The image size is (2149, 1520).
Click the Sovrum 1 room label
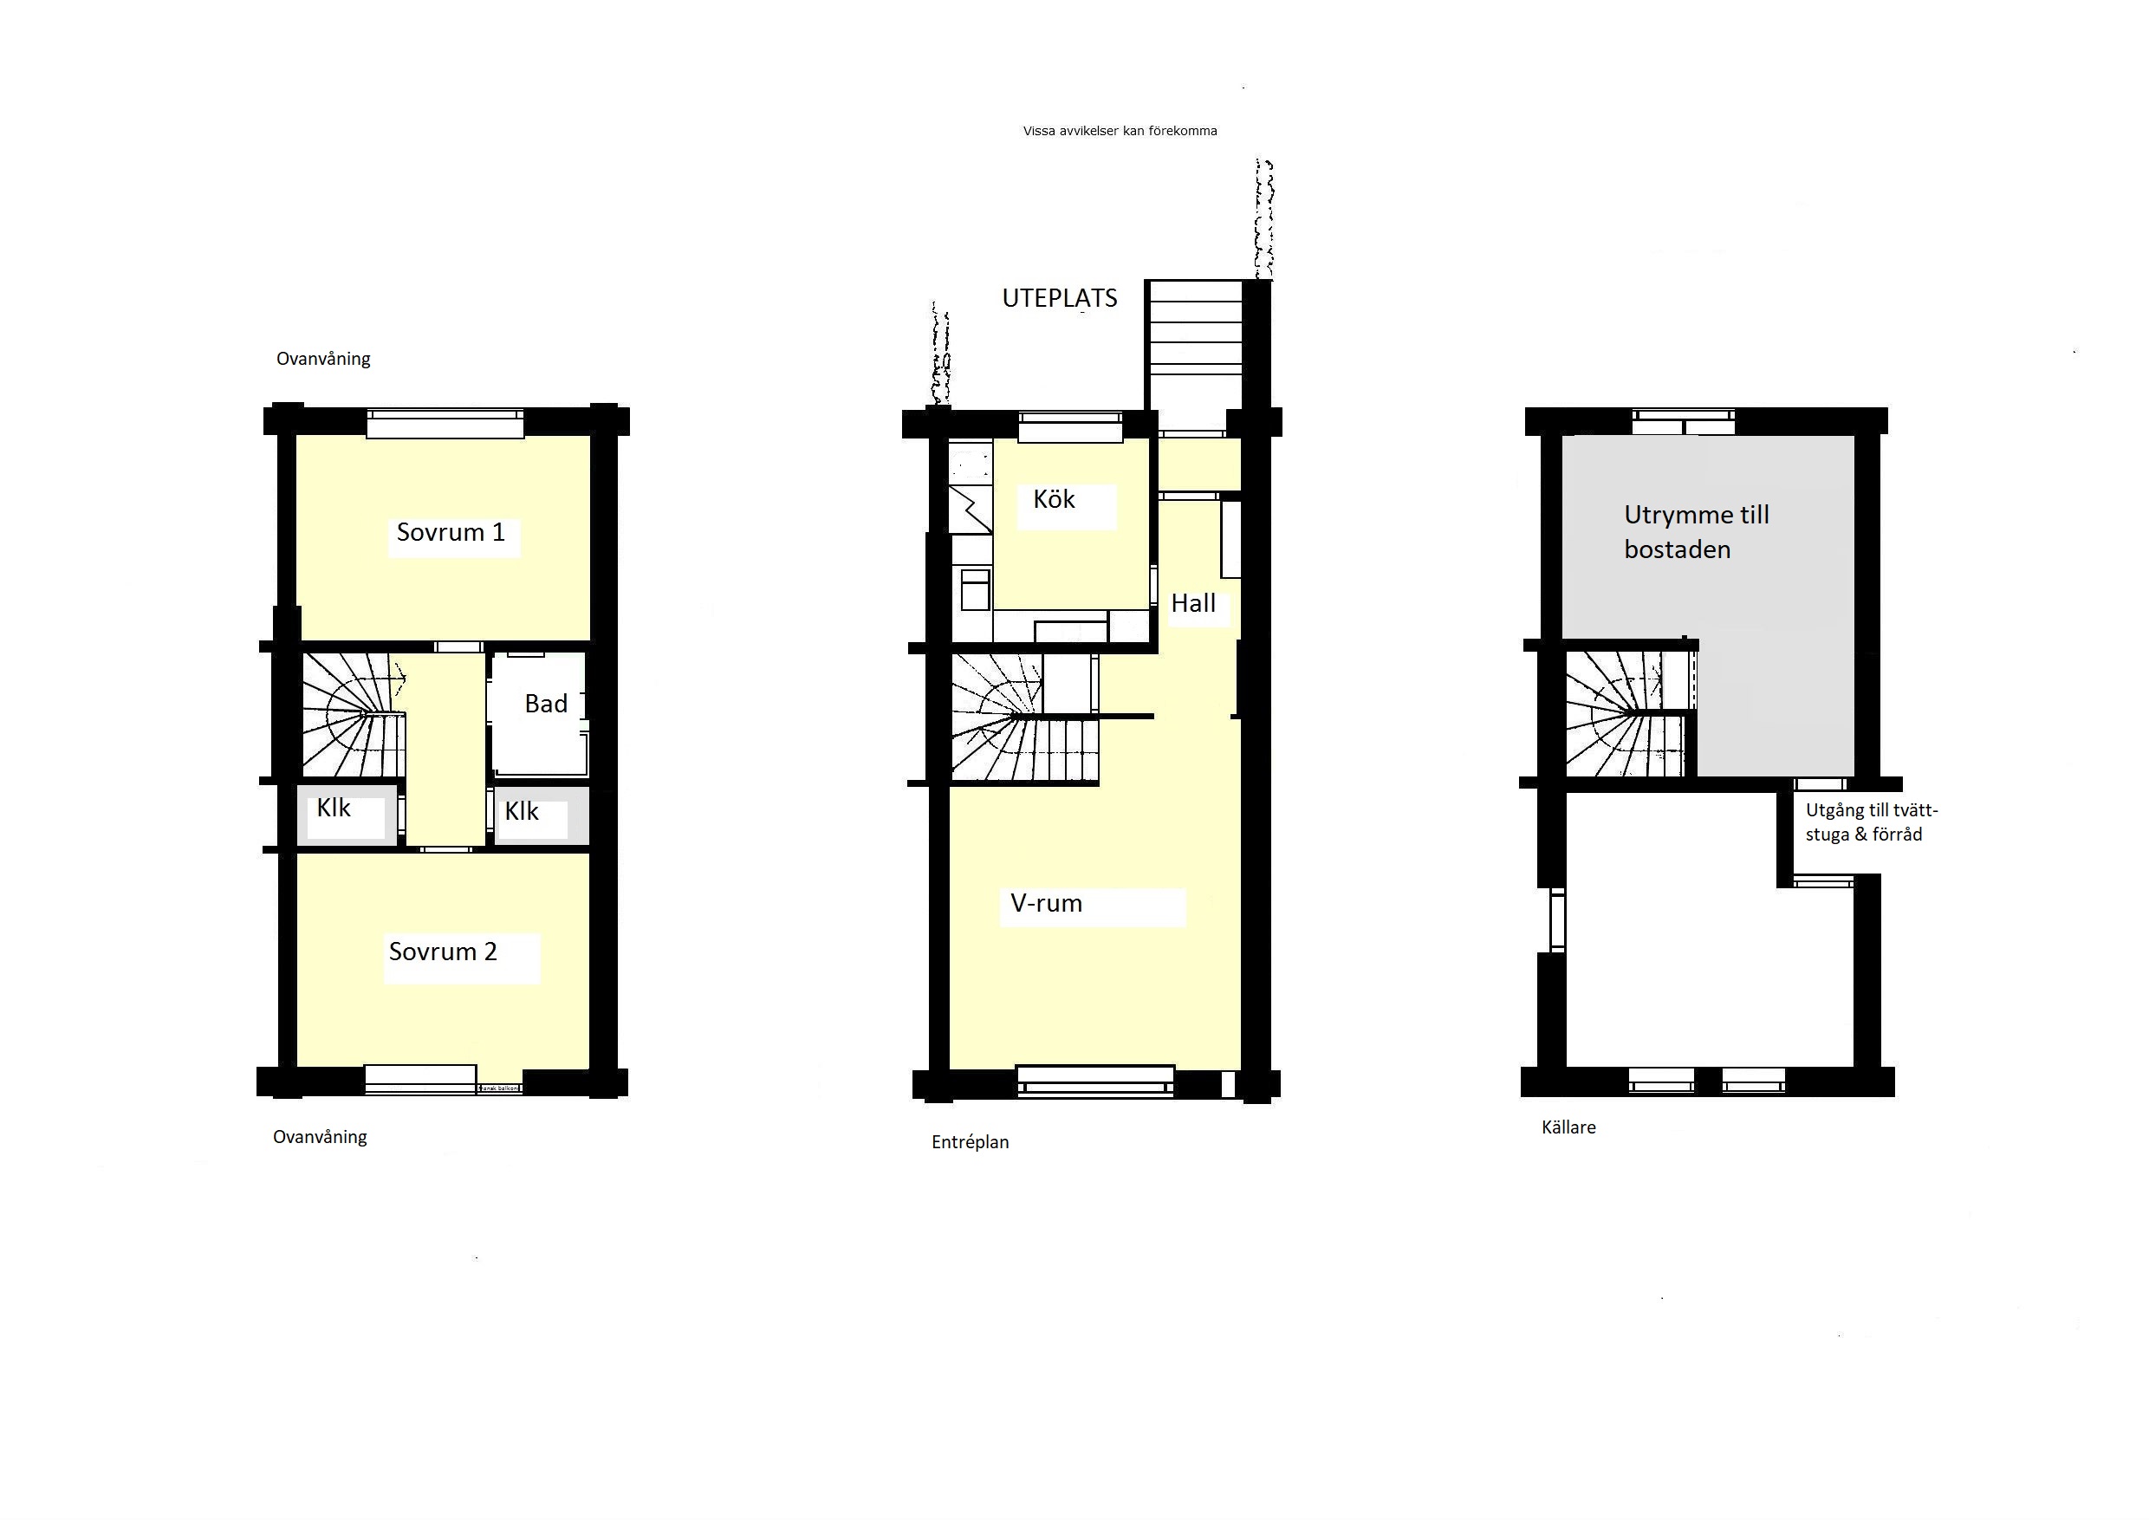click(451, 533)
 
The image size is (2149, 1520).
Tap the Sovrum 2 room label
click(443, 952)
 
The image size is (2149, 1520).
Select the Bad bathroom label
click(546, 704)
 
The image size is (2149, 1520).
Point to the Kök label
click(1054, 499)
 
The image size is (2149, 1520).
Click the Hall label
click(1193, 604)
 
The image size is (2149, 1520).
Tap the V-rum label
click(1047, 903)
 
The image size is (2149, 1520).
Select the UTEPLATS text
click(1060, 299)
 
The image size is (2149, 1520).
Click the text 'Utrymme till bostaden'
click(1696, 531)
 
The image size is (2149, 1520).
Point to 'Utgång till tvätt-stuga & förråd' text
click(1872, 822)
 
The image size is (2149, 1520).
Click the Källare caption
click(1568, 1127)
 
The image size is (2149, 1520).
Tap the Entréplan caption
click(971, 1143)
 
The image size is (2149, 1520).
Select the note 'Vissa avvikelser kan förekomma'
click(1120, 131)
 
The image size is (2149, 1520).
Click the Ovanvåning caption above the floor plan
click(323, 360)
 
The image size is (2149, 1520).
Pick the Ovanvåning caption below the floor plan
click(319, 1138)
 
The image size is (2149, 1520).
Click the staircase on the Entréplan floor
click(1023, 718)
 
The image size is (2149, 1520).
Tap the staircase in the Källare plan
click(1631, 713)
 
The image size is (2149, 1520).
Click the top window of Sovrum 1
click(445, 424)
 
